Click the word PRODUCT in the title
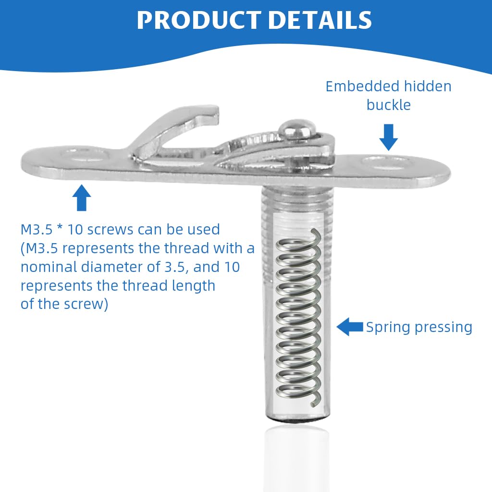(197, 20)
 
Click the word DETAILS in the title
(320, 20)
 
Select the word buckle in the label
(389, 105)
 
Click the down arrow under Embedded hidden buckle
(388, 136)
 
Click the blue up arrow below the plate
(82, 197)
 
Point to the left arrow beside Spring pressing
(349, 327)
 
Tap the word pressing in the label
(444, 328)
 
